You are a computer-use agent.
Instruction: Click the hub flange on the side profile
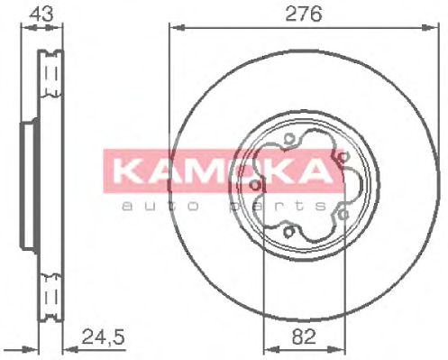24,185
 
